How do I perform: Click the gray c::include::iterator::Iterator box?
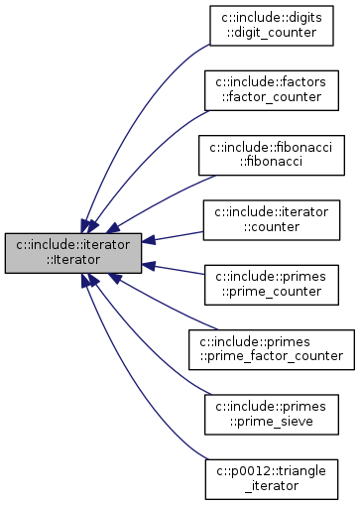coord(73,249)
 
